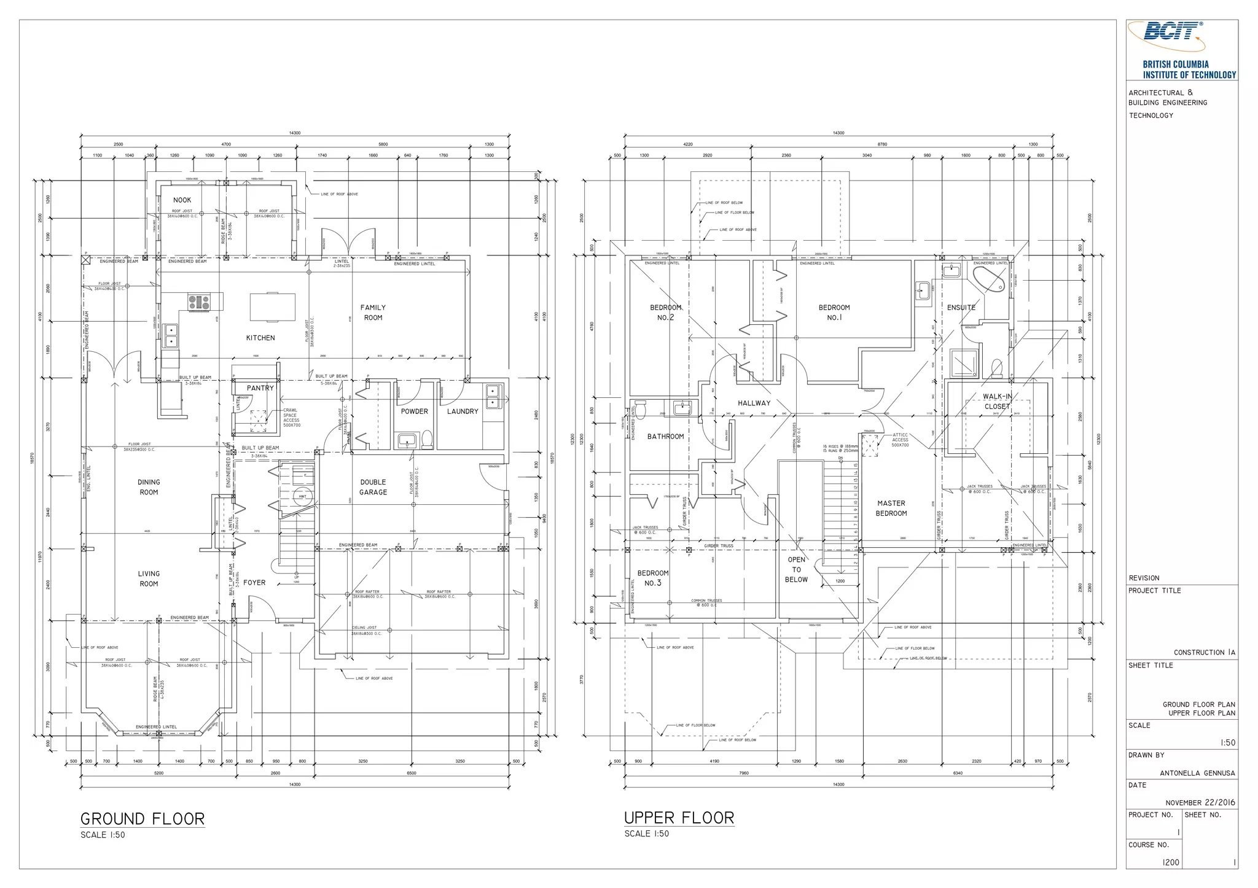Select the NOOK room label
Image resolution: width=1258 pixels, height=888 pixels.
point(182,200)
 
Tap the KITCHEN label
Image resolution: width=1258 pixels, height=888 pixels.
point(260,338)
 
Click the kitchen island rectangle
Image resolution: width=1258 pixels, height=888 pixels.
point(272,306)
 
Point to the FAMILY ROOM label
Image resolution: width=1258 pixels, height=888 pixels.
point(373,313)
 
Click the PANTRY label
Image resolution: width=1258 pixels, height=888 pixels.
point(260,388)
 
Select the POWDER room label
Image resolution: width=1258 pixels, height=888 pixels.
point(414,411)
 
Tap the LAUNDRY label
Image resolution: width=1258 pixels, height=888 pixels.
point(462,411)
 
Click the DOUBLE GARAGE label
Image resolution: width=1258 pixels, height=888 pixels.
point(373,487)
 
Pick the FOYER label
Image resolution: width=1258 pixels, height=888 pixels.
point(254,583)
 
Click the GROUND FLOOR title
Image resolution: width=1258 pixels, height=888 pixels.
point(143,819)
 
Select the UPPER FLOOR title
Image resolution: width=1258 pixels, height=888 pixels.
point(679,818)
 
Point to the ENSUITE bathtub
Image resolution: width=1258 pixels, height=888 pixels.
point(989,279)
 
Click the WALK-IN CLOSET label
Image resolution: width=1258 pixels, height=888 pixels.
point(997,402)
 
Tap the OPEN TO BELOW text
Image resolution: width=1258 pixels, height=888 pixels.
point(796,569)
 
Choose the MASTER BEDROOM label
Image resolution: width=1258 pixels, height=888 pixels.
point(891,508)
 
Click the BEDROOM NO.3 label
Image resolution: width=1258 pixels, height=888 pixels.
point(652,578)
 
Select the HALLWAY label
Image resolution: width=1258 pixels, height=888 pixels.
point(754,403)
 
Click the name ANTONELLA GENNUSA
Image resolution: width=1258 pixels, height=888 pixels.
point(1197,773)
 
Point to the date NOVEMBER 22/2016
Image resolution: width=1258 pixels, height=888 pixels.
point(1200,803)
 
